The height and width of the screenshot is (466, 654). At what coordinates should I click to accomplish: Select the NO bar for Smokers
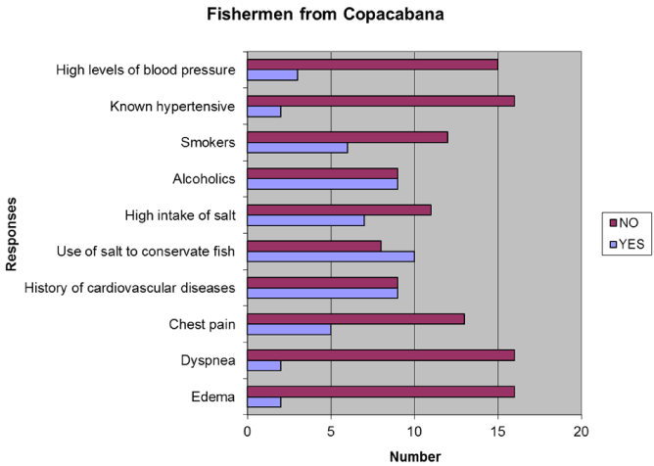348,136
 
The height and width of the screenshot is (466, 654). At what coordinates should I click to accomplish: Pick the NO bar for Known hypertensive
381,101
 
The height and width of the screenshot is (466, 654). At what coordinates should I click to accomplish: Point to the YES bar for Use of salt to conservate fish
331,256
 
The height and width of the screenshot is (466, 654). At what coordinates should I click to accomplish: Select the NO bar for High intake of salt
339,209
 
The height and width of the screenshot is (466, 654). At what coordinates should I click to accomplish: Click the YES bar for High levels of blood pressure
272,75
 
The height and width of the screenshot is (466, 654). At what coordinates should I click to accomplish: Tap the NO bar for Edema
381,392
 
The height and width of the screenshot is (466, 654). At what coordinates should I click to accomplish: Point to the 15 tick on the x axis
498,430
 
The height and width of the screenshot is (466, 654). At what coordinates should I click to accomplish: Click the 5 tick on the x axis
331,430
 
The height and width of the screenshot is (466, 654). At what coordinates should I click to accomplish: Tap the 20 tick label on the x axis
582,430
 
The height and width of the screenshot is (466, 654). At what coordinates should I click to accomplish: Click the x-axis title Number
414,455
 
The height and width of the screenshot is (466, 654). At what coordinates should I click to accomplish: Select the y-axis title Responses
13,233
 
